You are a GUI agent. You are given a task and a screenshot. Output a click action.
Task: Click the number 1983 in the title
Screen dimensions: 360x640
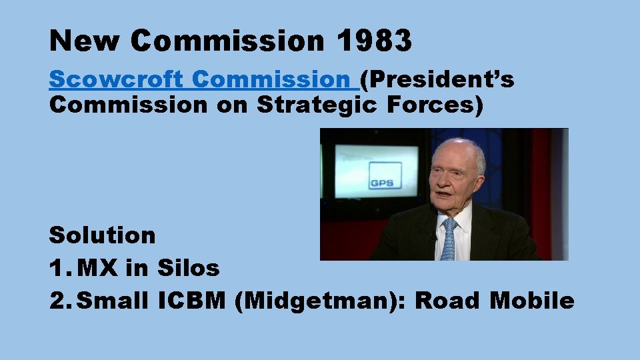tap(374, 41)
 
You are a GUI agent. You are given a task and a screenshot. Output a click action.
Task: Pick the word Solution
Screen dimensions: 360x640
tap(103, 235)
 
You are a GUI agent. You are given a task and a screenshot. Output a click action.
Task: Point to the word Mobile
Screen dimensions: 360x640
tap(531, 301)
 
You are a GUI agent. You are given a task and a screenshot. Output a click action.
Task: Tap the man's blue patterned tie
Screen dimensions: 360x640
tap(449, 240)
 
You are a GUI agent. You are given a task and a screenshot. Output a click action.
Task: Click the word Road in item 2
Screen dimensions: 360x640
tap(448, 301)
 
